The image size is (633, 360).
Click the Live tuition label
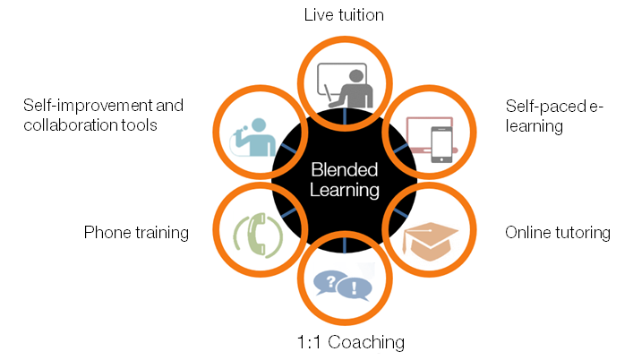point(344,15)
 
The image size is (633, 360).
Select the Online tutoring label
point(557,233)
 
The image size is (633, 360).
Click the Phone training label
point(136,233)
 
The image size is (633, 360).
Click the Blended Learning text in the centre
point(344,179)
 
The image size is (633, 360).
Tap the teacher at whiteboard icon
point(345,85)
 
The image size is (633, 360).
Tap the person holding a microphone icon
point(255,136)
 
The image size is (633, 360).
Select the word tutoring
point(582,233)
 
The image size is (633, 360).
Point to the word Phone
point(106,233)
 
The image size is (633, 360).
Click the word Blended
point(344,170)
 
